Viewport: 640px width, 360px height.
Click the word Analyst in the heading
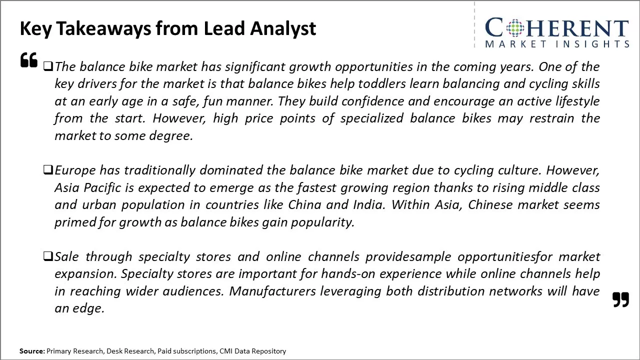283,29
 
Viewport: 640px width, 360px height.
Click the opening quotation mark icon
29,60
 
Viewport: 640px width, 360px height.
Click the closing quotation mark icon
621,299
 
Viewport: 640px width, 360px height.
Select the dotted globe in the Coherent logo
515,28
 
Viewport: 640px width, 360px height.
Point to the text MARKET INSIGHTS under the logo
557,44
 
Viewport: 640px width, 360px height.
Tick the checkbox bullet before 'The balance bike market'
48,66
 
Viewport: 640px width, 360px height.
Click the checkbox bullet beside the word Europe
48,169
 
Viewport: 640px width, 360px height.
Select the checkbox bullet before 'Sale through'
48,256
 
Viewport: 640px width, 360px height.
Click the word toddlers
382,83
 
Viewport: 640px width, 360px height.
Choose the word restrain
551,118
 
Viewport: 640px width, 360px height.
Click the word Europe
75,170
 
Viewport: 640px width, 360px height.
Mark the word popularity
323,222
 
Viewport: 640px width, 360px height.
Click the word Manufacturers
272,291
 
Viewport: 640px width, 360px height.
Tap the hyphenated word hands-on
348,273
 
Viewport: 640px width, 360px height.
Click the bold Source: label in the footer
32,351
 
